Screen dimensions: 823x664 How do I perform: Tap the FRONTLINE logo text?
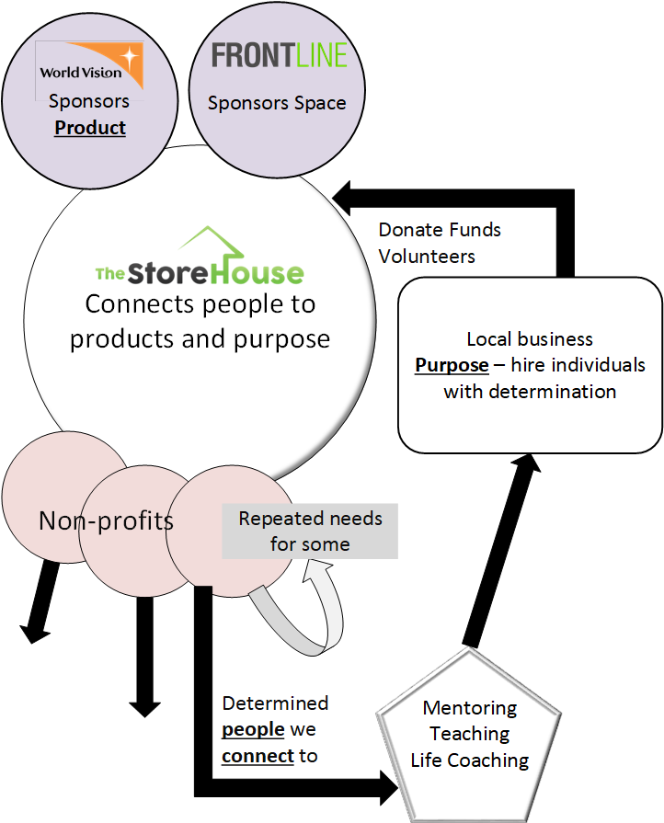pos(280,56)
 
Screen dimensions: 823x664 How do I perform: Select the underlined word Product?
pos(90,128)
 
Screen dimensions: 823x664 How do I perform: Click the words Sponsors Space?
pos(277,103)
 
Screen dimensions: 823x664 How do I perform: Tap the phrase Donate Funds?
pos(440,230)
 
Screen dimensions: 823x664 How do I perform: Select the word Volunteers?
pos(427,257)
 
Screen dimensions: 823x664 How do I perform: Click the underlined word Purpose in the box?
pos(452,365)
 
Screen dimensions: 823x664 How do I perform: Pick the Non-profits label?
pos(106,521)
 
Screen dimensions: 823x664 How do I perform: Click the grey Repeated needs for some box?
pos(310,532)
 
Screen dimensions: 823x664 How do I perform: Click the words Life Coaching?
pos(469,760)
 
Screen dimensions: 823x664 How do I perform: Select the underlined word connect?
pos(258,756)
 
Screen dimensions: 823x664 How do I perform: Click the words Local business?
pos(530,338)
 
